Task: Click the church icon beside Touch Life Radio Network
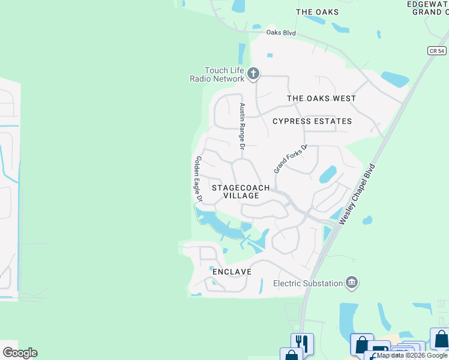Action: point(253,74)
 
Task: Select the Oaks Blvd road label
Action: point(283,33)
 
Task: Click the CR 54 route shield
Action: point(437,51)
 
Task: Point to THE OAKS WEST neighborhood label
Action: point(321,98)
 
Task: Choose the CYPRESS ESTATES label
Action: point(312,121)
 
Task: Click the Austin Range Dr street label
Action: point(243,126)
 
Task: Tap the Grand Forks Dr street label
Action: point(291,159)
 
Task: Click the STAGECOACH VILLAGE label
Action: point(241,191)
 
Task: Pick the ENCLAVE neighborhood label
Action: point(231,272)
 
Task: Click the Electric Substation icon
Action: point(352,283)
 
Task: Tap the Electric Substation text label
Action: point(308,283)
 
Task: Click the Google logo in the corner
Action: point(20,353)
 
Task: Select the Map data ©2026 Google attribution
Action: point(412,355)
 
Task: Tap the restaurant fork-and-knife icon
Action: point(302,344)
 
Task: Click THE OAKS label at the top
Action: point(317,12)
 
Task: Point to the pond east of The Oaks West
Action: point(395,79)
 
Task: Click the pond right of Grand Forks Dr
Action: point(328,174)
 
